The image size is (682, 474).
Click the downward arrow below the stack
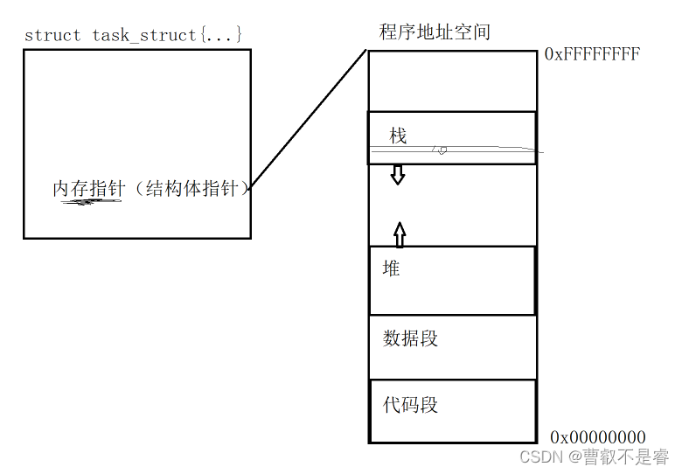[398, 174]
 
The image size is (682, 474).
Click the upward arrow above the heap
[399, 234]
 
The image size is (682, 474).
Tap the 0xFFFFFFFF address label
[592, 54]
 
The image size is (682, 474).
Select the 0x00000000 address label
[598, 437]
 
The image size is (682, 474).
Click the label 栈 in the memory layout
[398, 136]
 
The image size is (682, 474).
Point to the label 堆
[391, 268]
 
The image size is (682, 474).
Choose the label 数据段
[410, 338]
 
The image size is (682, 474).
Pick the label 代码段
[410, 405]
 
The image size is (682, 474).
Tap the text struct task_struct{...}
[133, 35]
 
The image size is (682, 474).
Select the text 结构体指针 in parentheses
[192, 188]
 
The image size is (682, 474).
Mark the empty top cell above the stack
[451, 81]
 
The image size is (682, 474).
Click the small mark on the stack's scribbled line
[442, 150]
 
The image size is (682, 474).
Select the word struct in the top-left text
[52, 35]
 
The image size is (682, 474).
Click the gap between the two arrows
[399, 204]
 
